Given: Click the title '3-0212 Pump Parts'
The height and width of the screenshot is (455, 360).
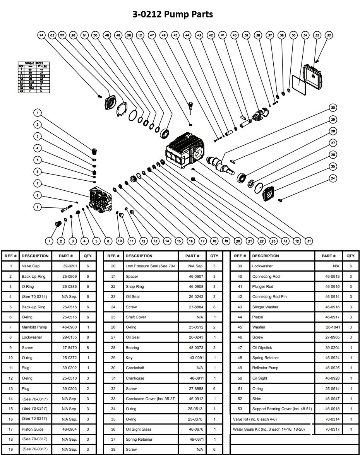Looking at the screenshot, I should click(x=173, y=15).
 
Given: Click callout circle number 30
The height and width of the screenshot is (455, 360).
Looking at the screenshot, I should click(x=333, y=107).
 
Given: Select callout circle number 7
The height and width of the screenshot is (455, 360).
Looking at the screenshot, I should click(x=38, y=183).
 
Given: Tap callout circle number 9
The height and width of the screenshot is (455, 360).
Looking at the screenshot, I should click(x=38, y=207).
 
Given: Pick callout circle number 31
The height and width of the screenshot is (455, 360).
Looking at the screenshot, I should click(x=309, y=241).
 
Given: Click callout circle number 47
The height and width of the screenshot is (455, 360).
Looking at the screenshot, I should click(x=152, y=35).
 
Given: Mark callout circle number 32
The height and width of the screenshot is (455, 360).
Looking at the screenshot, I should click(x=329, y=35).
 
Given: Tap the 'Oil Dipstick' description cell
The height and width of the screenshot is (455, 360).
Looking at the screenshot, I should click(x=262, y=348).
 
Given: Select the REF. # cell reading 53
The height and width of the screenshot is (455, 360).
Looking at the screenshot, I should click(x=240, y=409).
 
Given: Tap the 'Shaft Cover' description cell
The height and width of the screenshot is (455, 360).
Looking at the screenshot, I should click(x=135, y=317).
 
